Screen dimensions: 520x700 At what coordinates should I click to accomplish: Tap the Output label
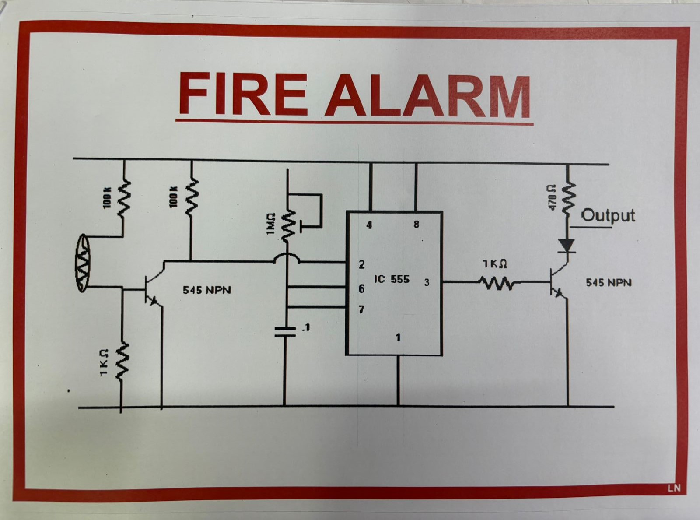pyautogui.click(x=608, y=215)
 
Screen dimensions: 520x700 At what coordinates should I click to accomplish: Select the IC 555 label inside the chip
pyautogui.click(x=392, y=279)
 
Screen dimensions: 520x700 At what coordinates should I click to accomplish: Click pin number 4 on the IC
pyautogui.click(x=369, y=225)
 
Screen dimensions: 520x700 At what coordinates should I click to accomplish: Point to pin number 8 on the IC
pyautogui.click(x=416, y=225)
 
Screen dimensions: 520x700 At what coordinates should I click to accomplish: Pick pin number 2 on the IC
pyautogui.click(x=362, y=264)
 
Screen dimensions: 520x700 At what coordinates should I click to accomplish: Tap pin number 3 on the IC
pyautogui.click(x=427, y=282)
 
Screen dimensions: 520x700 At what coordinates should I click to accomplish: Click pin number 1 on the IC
pyautogui.click(x=398, y=337)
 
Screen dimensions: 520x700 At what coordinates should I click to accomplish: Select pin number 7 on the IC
pyautogui.click(x=361, y=309)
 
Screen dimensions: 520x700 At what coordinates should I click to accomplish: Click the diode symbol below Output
pyautogui.click(x=567, y=246)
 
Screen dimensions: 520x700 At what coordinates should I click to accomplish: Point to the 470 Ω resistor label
pyautogui.click(x=552, y=197)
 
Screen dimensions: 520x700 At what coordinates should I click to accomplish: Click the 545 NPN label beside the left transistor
pyautogui.click(x=206, y=290)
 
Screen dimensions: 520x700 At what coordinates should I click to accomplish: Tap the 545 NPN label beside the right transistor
pyautogui.click(x=609, y=283)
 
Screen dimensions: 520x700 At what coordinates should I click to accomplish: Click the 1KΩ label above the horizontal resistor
pyautogui.click(x=495, y=264)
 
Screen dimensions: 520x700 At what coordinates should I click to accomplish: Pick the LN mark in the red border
pyautogui.click(x=674, y=488)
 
